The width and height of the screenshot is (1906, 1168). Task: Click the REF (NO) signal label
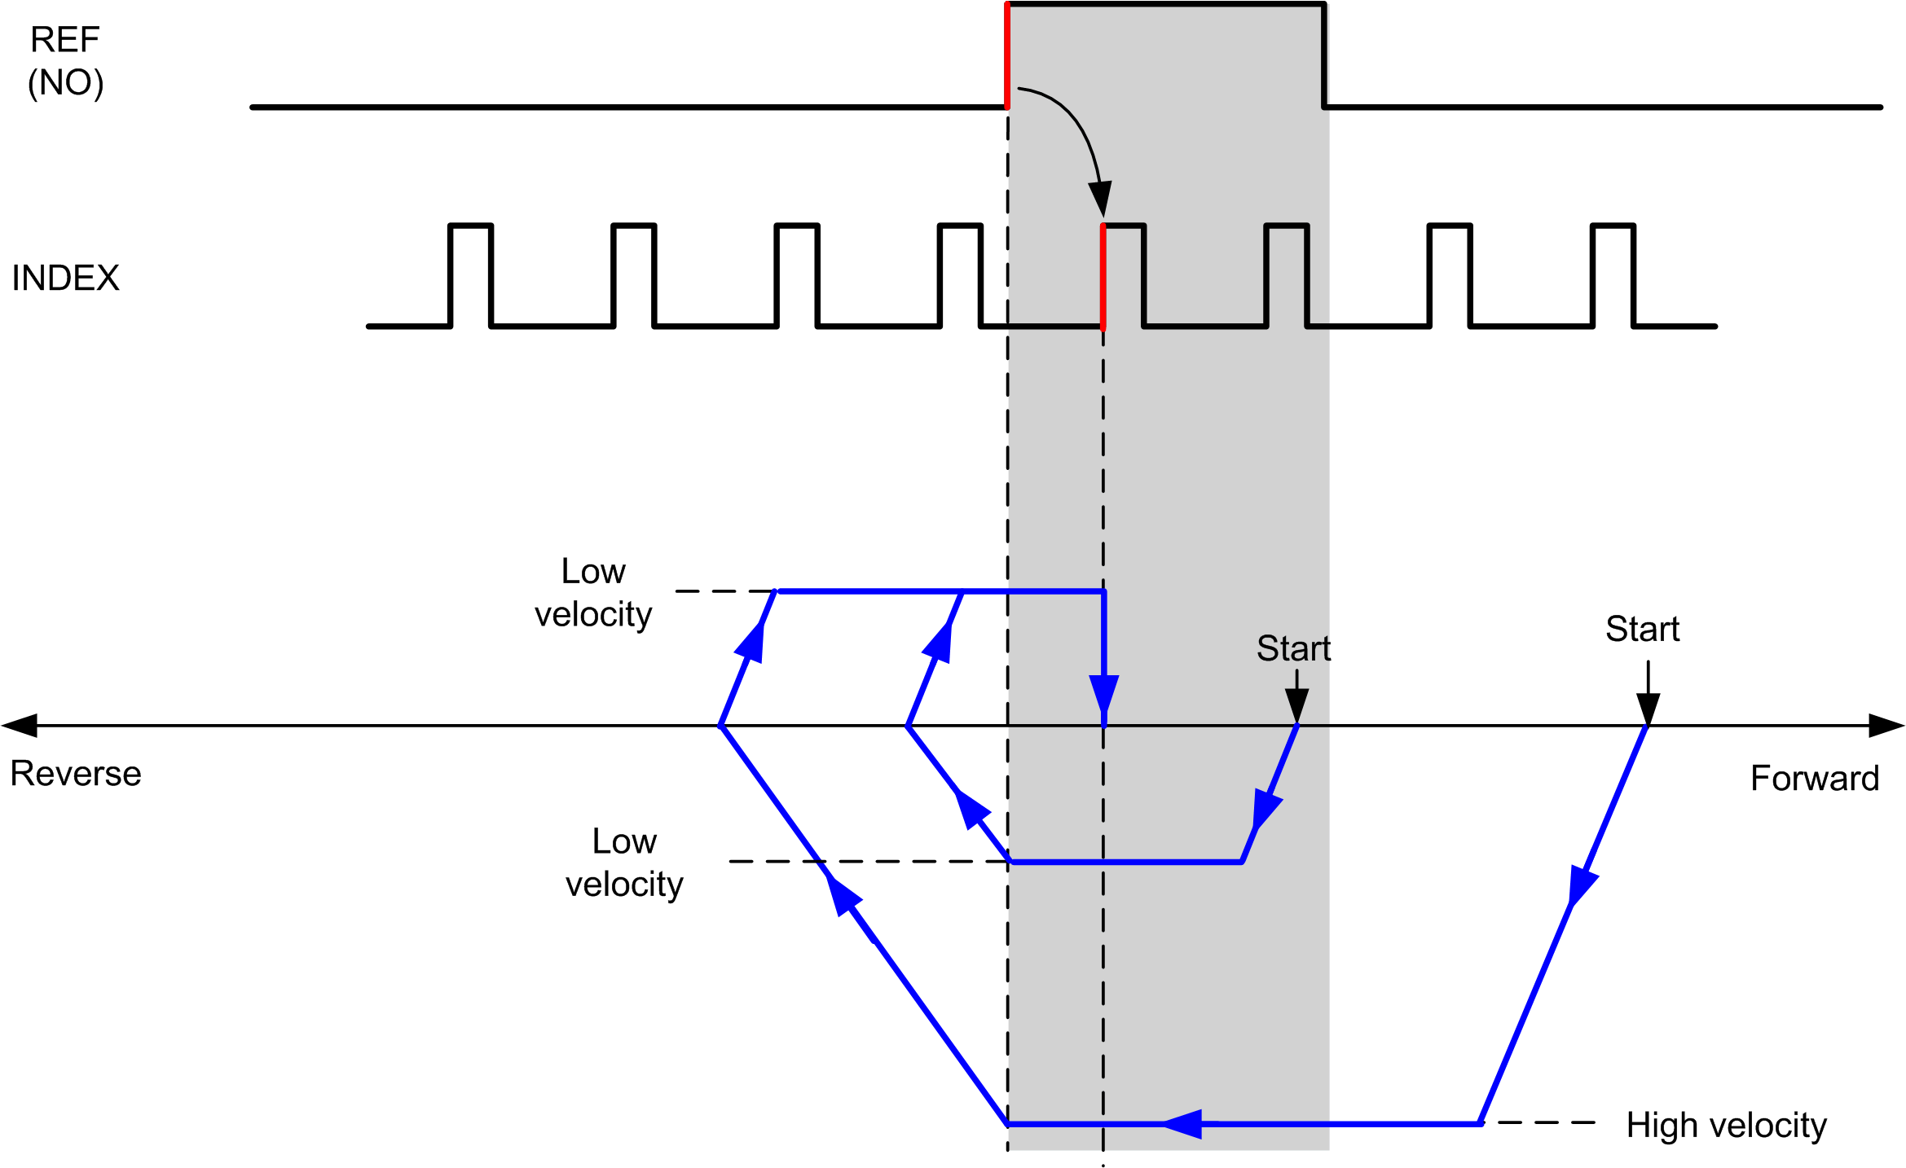tap(65, 61)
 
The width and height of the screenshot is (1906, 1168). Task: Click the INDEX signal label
tap(65, 279)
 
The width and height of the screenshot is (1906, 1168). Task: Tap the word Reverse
tap(76, 774)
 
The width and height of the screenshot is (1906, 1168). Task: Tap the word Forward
tap(1815, 779)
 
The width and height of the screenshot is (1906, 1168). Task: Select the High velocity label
tap(1727, 1126)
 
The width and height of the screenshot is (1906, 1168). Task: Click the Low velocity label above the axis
tap(593, 593)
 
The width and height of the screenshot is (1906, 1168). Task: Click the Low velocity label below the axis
tap(624, 863)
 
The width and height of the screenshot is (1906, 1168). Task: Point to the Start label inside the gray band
tap(1293, 648)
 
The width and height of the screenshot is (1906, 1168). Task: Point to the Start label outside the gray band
tap(1642, 629)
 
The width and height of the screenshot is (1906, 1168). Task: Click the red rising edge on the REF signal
tap(1007, 55)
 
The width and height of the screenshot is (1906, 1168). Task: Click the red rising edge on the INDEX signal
tap(1103, 276)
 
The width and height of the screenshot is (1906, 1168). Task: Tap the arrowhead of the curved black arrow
tap(1101, 200)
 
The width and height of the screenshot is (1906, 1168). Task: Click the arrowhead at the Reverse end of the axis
tap(20, 725)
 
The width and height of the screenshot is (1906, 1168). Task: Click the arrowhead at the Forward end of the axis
tap(1886, 725)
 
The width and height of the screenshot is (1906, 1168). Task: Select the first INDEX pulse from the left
tap(471, 275)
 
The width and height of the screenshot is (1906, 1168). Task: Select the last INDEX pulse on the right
tap(1613, 275)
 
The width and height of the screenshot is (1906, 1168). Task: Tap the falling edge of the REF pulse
tap(1324, 55)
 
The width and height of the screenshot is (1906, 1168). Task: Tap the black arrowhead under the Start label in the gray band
tap(1296, 705)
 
